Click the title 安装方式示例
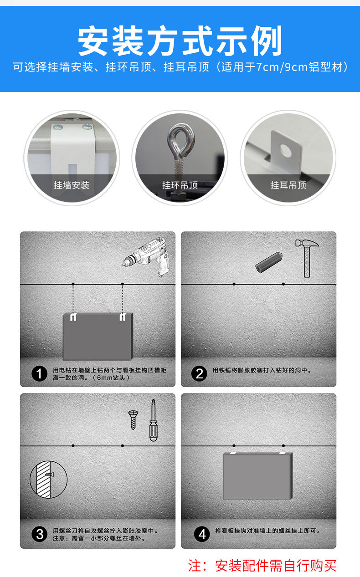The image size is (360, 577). click(x=180, y=41)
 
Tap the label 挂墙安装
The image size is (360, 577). click(x=72, y=185)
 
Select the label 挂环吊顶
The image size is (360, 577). click(x=180, y=185)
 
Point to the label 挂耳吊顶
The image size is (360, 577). click(x=288, y=185)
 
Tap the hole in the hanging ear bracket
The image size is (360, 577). click(x=286, y=150)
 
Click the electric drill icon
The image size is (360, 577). click(x=146, y=257)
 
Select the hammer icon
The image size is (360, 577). click(x=307, y=258)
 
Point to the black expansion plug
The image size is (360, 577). click(x=269, y=262)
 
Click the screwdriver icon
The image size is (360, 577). click(x=153, y=420)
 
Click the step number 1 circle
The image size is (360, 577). click(x=39, y=374)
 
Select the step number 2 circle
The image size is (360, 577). click(x=199, y=374)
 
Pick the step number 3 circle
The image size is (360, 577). click(x=39, y=534)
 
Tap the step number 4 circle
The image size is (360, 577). click(x=202, y=534)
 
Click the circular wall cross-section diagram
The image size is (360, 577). click(x=48, y=480)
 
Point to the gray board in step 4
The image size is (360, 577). click(x=257, y=476)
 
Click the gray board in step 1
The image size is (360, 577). click(x=98, y=336)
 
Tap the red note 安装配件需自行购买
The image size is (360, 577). click(x=276, y=566)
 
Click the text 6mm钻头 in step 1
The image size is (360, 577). click(x=111, y=378)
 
